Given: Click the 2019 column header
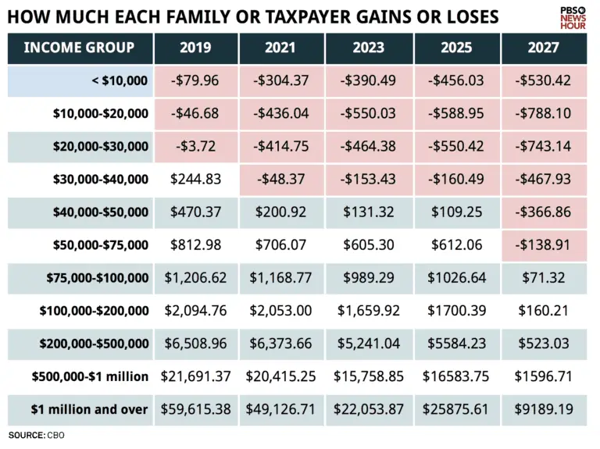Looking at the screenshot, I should click(x=195, y=48).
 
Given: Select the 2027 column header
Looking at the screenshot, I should click(x=543, y=48).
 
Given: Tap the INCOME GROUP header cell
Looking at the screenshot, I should click(x=79, y=48).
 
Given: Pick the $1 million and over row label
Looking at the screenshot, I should click(x=89, y=408).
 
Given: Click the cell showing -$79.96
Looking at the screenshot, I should click(x=195, y=81).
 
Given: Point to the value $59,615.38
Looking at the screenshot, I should click(x=195, y=408).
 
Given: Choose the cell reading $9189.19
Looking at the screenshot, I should click(x=543, y=408).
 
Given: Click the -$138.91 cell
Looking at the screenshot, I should click(x=543, y=245).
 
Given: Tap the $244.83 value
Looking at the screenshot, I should click(x=195, y=180).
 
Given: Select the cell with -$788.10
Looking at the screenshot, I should click(x=543, y=114).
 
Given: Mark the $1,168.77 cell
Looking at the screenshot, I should click(x=281, y=278).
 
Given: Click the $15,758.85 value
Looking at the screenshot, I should click(x=368, y=376).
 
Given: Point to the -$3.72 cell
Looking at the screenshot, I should click(x=195, y=147).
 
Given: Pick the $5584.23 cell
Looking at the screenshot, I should click(x=456, y=343).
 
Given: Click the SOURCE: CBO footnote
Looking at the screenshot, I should click(x=36, y=435).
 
